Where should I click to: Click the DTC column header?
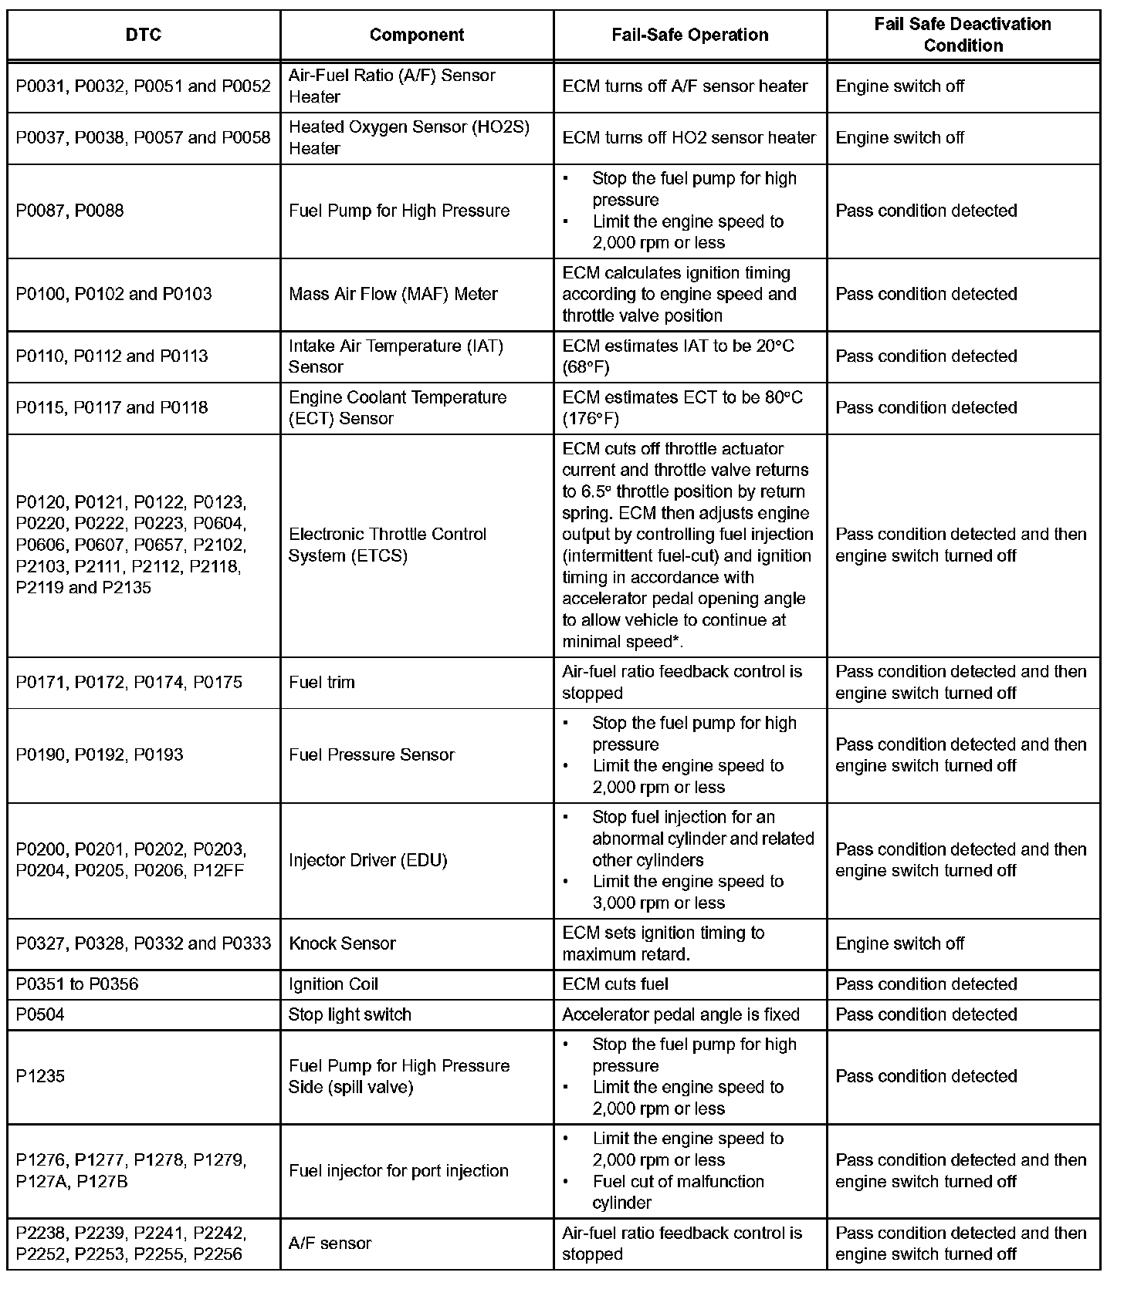pos(144,35)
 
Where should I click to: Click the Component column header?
pos(417,35)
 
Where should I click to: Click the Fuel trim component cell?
pos(322,683)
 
